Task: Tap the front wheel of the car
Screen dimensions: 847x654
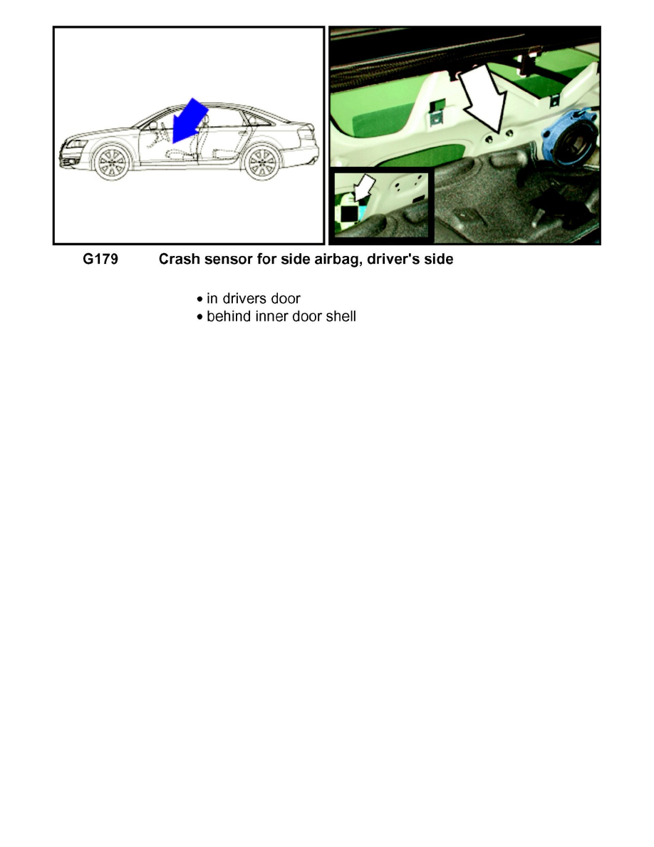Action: pyautogui.click(x=112, y=162)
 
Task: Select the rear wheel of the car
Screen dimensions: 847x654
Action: pyautogui.click(x=261, y=163)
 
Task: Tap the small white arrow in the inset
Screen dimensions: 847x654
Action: pyautogui.click(x=365, y=190)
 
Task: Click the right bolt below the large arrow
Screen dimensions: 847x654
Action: pyautogui.click(x=507, y=133)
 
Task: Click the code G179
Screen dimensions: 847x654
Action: pyautogui.click(x=100, y=260)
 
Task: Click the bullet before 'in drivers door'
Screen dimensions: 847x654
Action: pyautogui.click(x=199, y=299)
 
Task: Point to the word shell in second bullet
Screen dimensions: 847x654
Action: pyautogui.click(x=340, y=316)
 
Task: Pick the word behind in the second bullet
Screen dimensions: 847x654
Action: pyautogui.click(x=227, y=316)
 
